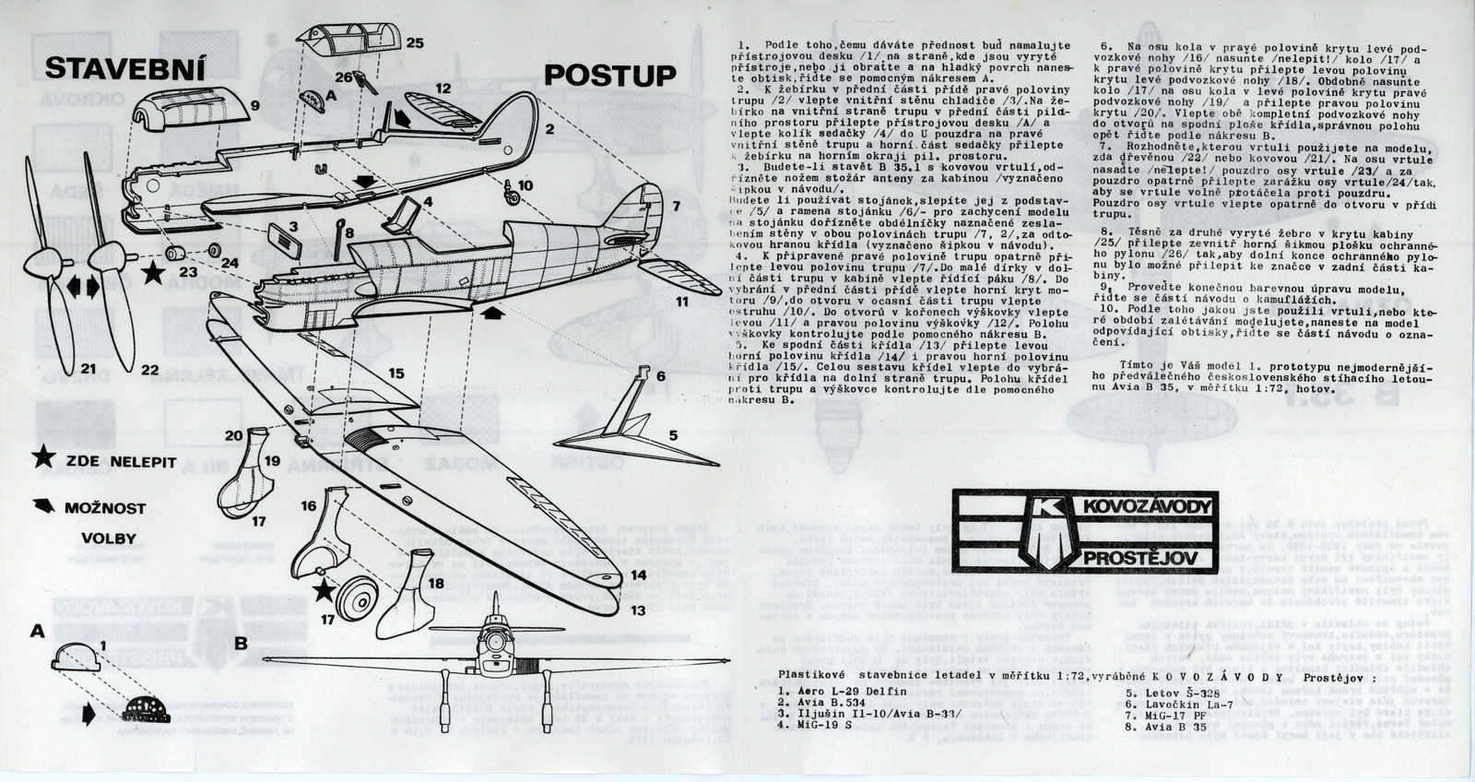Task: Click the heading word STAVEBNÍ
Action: (x=124, y=70)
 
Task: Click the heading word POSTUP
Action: (x=609, y=75)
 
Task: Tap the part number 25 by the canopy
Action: (x=414, y=42)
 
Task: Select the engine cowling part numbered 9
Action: (x=184, y=120)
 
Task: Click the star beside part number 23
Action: (x=153, y=273)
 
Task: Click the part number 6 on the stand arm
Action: (x=659, y=377)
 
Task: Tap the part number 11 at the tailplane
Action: (x=682, y=302)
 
